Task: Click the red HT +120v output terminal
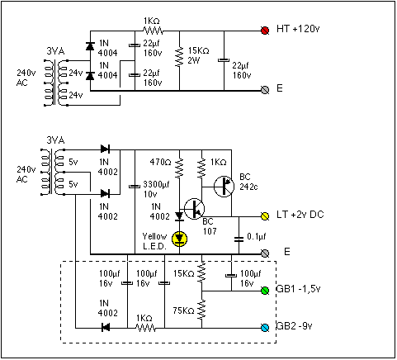(265, 31)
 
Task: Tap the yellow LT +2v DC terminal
(265, 216)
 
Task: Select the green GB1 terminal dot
(265, 291)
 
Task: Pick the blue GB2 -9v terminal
(265, 328)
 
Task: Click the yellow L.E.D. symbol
(179, 239)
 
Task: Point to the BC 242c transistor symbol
(224, 187)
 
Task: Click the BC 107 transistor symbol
(194, 209)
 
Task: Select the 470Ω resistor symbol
(179, 167)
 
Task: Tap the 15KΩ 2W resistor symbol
(179, 56)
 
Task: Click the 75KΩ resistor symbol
(201, 310)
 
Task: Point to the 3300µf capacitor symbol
(135, 187)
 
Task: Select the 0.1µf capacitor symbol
(239, 239)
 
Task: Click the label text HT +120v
(298, 29)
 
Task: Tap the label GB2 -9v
(294, 326)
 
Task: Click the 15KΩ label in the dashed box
(184, 273)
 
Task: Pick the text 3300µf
(156, 184)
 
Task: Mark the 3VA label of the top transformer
(55, 51)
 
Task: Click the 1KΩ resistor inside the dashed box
(146, 328)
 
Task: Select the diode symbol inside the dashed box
(106, 328)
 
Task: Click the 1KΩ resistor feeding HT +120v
(153, 31)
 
